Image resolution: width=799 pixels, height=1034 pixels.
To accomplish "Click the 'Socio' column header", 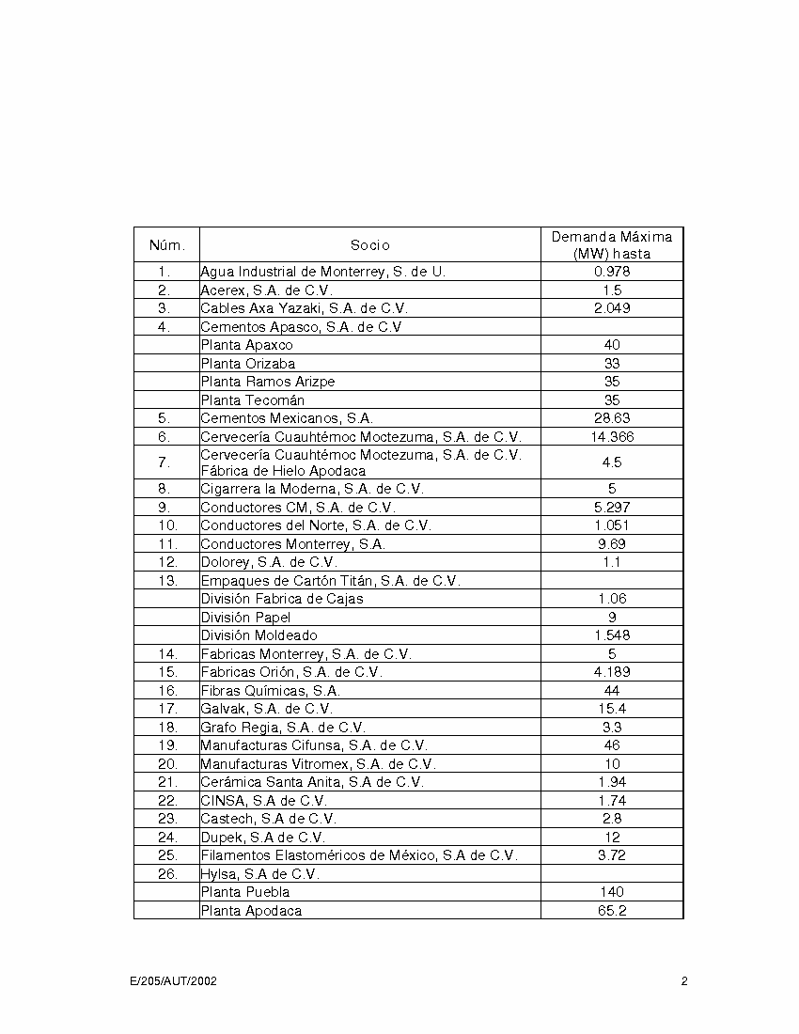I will pyautogui.click(x=370, y=245).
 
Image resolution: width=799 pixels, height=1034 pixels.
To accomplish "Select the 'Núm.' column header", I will pyautogui.click(x=167, y=245).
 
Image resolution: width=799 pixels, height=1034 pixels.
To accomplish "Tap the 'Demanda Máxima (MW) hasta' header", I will pyautogui.click(x=612, y=245).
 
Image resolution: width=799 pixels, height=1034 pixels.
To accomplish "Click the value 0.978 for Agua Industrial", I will pyautogui.click(x=612, y=272).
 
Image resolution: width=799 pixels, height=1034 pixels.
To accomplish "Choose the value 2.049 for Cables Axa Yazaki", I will pyautogui.click(x=612, y=308).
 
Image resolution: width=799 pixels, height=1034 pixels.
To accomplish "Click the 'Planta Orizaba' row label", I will pyautogui.click(x=247, y=364).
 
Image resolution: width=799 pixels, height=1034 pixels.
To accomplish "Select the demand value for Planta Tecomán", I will pyautogui.click(x=612, y=400).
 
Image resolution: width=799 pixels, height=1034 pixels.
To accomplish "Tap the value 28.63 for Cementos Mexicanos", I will pyautogui.click(x=612, y=418).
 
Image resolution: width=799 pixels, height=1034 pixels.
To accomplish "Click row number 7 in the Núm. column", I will pyautogui.click(x=164, y=462).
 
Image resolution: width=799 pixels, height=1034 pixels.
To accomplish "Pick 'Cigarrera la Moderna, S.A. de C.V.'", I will pyautogui.click(x=312, y=489).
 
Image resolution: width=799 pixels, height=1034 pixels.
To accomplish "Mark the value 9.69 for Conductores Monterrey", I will pyautogui.click(x=612, y=544).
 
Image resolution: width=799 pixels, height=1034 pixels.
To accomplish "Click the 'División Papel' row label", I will pyautogui.click(x=245, y=618).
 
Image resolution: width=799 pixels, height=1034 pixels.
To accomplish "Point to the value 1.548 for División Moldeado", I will pyautogui.click(x=612, y=635).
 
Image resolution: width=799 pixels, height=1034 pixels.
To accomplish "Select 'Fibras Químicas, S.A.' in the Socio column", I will pyautogui.click(x=270, y=691).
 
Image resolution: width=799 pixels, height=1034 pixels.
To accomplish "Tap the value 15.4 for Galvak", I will pyautogui.click(x=612, y=709).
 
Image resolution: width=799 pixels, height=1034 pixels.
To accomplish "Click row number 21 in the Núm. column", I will pyautogui.click(x=167, y=782).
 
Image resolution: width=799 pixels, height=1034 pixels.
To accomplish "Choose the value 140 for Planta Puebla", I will pyautogui.click(x=612, y=892).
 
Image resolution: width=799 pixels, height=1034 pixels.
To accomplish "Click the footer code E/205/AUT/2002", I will pyautogui.click(x=174, y=981).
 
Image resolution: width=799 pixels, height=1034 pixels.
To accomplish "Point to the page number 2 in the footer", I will pyautogui.click(x=684, y=981).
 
